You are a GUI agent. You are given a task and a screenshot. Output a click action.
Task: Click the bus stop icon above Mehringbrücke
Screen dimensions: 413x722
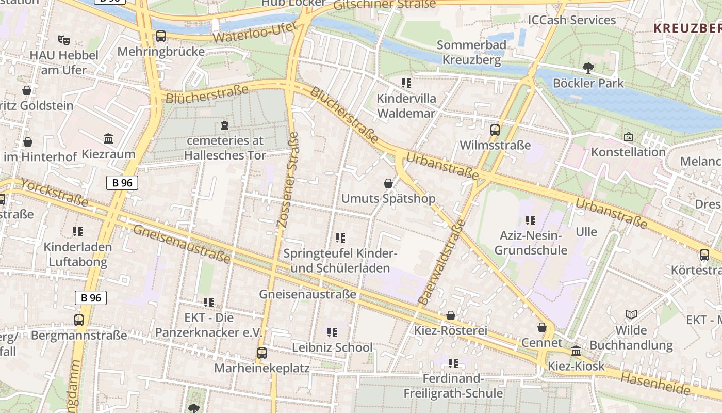161,36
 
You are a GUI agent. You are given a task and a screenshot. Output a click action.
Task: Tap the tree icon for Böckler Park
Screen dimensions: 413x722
588,68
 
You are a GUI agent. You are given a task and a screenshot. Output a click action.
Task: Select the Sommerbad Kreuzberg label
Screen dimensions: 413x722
471,53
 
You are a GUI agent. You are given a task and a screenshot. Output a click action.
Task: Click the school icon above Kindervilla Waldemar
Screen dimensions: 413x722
406,83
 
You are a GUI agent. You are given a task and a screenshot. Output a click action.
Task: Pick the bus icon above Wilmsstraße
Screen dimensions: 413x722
495,130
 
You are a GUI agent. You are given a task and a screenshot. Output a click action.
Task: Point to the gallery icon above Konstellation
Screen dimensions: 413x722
628,137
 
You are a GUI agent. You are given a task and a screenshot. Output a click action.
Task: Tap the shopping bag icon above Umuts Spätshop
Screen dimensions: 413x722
388,183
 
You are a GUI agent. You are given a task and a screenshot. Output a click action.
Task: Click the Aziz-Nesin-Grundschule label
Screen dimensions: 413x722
530,243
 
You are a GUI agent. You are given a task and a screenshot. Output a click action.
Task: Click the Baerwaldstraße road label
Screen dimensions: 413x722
441,262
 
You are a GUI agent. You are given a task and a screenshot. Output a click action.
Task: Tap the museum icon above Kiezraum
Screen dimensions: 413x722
108,139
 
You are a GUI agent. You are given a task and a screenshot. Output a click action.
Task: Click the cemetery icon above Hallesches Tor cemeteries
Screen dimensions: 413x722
224,125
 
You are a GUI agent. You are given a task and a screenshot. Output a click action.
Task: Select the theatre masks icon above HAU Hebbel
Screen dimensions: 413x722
64,40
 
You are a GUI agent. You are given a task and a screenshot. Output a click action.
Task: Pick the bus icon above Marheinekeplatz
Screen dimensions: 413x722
262,353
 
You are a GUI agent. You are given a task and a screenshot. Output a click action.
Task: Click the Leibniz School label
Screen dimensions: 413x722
332,347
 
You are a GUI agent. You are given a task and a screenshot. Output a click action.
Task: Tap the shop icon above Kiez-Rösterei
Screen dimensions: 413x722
451,315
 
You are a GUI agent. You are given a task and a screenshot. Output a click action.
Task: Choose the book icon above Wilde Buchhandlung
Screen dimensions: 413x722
631,314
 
